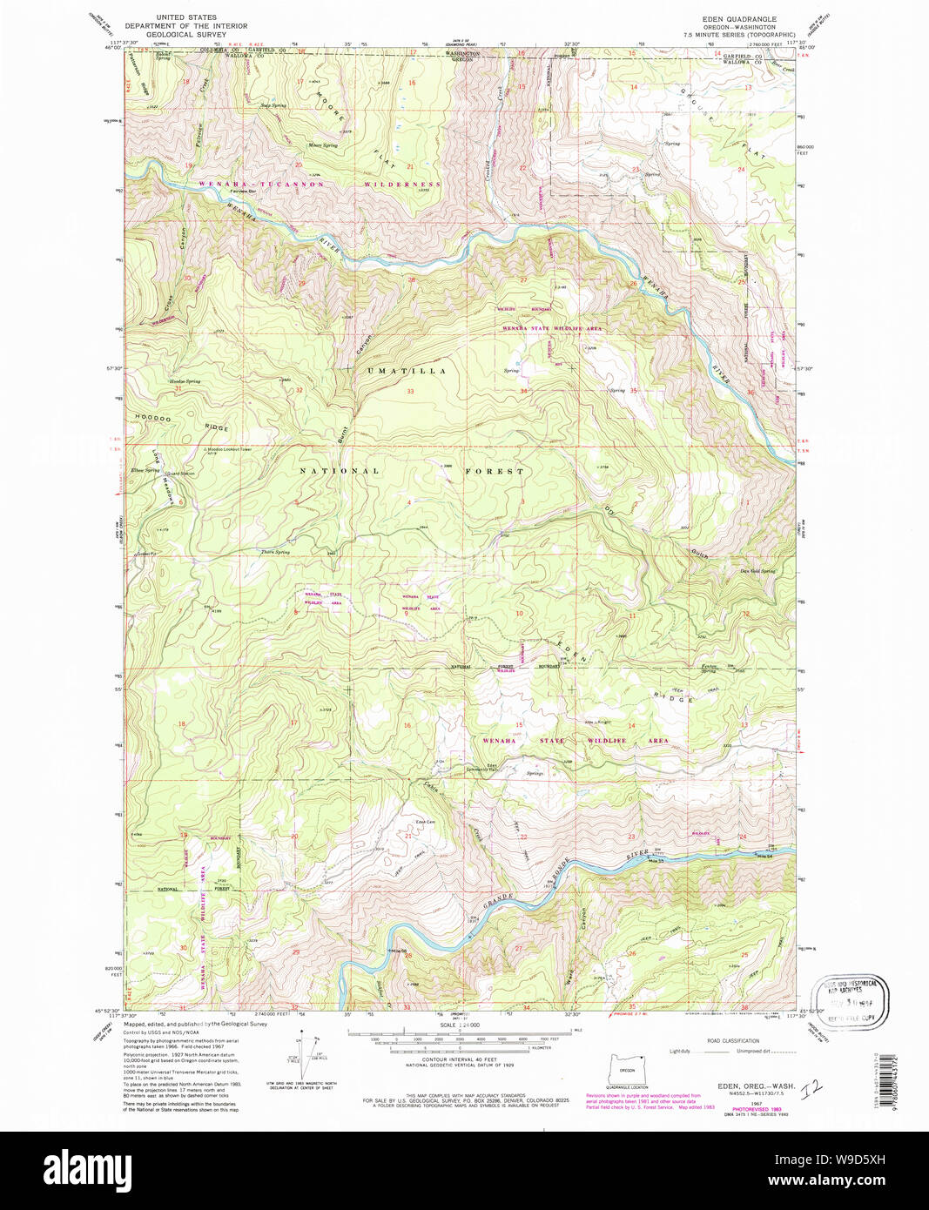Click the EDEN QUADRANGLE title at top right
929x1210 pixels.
tap(739, 18)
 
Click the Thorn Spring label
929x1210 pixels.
tap(275, 552)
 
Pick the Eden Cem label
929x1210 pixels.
tap(425, 822)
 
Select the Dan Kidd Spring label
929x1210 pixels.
tap(757, 571)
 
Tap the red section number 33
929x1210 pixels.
tap(409, 392)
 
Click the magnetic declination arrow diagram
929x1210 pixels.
tap(306, 1056)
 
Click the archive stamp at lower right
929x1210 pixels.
tap(850, 993)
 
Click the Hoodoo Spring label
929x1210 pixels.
tap(185, 381)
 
